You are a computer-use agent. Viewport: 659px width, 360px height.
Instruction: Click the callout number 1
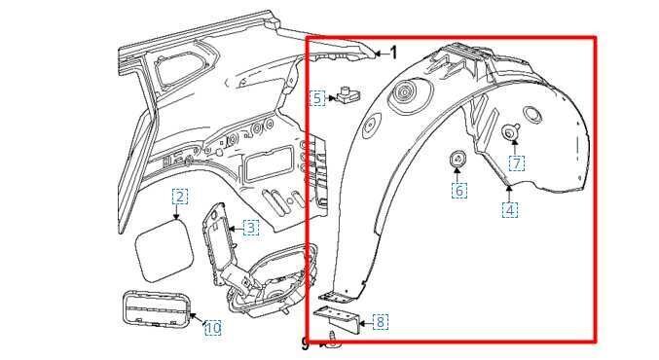(393, 53)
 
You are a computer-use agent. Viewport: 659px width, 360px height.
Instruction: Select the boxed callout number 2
(180, 197)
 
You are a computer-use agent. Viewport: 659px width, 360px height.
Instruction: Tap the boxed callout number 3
(250, 228)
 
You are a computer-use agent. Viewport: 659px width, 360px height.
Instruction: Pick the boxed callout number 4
(510, 209)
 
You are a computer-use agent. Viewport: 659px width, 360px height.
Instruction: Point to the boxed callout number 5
(317, 98)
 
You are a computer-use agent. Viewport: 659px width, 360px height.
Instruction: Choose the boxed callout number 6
(459, 191)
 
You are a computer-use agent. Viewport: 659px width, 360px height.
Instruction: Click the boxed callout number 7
(516, 163)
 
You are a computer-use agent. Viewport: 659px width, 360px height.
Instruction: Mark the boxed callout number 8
(380, 322)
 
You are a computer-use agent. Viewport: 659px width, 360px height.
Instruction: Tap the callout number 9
(306, 342)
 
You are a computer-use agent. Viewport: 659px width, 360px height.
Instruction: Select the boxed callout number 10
(212, 328)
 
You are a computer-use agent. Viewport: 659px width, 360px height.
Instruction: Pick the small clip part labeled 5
(348, 97)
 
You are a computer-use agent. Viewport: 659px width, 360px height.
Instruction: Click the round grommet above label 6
(458, 160)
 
